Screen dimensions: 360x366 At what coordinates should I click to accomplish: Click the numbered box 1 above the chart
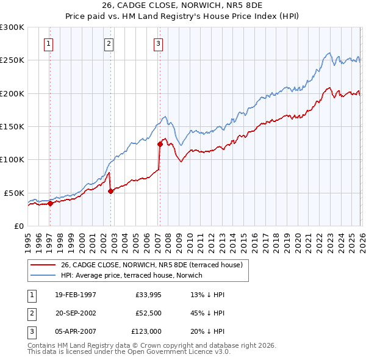coord(48,43)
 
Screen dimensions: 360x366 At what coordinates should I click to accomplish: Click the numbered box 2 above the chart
coord(109,43)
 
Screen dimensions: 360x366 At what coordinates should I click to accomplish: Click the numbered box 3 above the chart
coord(158,43)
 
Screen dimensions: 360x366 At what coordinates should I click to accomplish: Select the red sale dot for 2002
coord(110,191)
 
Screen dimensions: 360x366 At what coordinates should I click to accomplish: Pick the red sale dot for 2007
coord(160,145)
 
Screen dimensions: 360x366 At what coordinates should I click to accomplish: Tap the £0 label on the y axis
coord(18,226)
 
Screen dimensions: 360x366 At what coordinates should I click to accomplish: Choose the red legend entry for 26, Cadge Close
coord(151,265)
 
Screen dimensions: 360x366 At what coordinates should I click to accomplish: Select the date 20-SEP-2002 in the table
coord(76,313)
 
